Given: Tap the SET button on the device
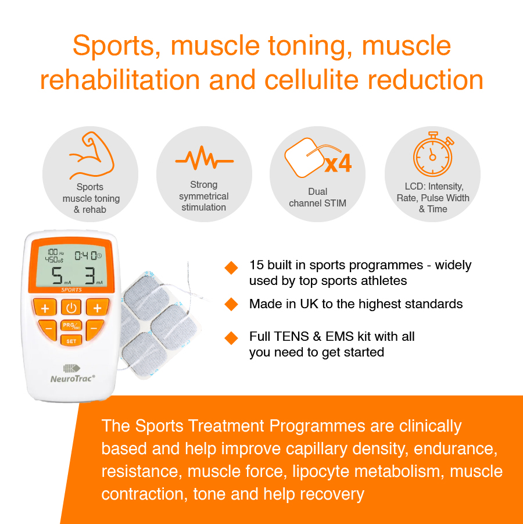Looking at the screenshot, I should coord(71,341).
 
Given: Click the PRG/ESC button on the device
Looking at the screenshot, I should coord(71,326).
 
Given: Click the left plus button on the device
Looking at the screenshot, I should coord(45,308).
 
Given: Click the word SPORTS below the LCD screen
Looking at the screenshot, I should coord(71,290).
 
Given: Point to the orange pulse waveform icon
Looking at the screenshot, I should coord(204,158).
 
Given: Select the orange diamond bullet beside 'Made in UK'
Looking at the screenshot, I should coord(231,304).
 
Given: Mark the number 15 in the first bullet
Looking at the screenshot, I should coord(256,265).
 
